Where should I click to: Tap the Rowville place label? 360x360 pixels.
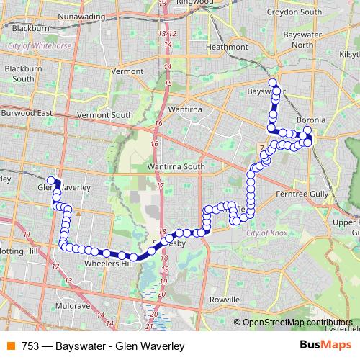pyautogui.click(x=224, y=299)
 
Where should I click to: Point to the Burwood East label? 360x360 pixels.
pyautogui.click(x=27, y=114)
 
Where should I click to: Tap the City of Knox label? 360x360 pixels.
pyautogui.click(x=266, y=233)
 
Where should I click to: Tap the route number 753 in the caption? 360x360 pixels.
pyautogui.click(x=30, y=346)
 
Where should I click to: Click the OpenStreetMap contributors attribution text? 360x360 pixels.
pyautogui.click(x=297, y=322)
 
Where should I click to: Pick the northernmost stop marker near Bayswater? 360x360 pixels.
pyautogui.click(x=272, y=81)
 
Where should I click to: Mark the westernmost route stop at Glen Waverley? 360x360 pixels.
pyautogui.click(x=51, y=180)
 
